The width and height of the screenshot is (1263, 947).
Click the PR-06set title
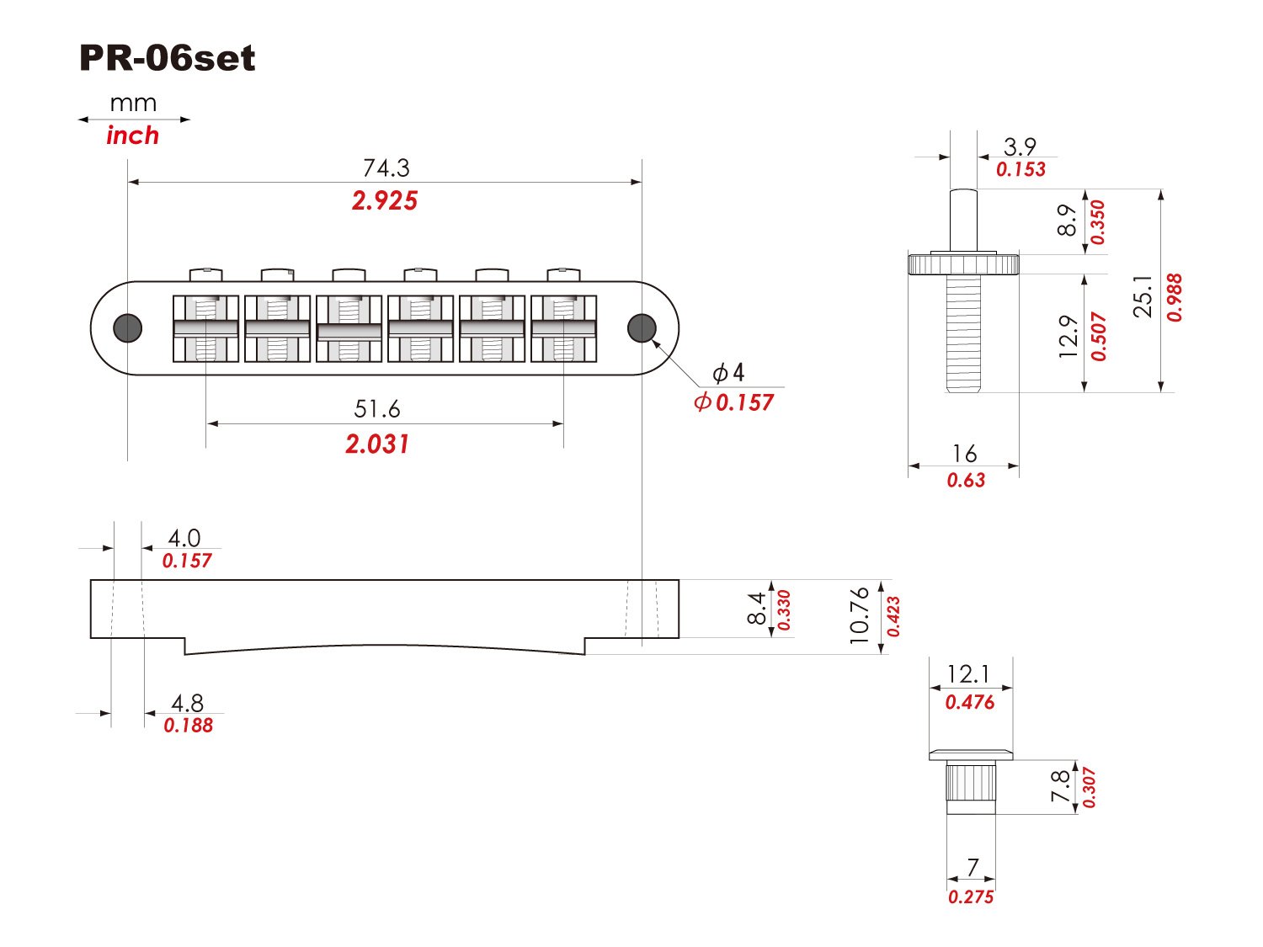(167, 58)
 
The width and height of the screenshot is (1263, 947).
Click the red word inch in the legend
(132, 136)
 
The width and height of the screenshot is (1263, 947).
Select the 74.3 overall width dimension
(386, 168)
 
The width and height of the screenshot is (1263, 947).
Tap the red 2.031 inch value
(377, 444)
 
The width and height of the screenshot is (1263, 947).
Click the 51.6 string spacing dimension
(377, 409)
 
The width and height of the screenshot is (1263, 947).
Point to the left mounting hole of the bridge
(128, 327)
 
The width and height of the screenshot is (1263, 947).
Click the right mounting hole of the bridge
(642, 327)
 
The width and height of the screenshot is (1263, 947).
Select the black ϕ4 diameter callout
(728, 372)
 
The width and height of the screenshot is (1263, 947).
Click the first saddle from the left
(205, 328)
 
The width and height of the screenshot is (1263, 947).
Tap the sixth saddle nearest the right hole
(563, 328)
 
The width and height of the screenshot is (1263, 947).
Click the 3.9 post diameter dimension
(1020, 147)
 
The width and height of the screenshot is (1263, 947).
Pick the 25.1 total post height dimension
(1143, 295)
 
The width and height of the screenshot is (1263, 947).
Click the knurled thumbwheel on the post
(963, 264)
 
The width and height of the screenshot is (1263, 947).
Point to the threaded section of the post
(963, 333)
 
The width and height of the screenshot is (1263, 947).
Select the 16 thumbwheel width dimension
(964, 454)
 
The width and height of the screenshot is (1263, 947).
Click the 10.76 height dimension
(859, 615)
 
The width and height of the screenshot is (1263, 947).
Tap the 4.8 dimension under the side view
(187, 703)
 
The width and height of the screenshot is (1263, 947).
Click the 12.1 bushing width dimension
(968, 674)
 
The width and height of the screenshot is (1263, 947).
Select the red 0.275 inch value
(971, 896)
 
